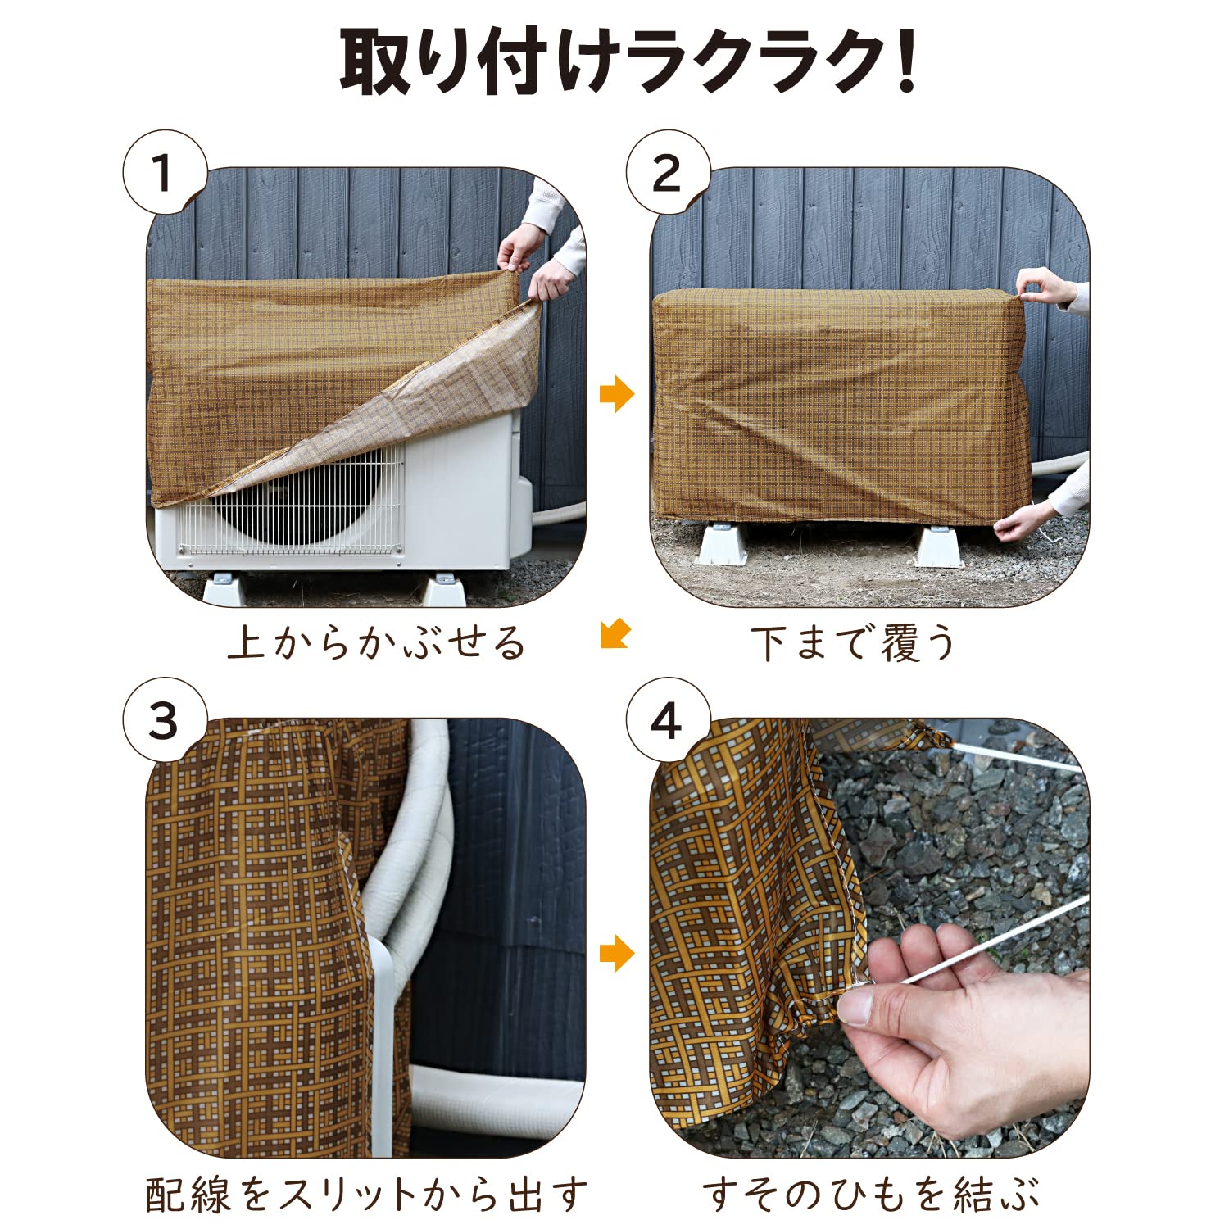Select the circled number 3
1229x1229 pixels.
pos(163,721)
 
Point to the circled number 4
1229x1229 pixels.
pos(666,721)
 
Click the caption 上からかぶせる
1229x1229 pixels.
pos(376,642)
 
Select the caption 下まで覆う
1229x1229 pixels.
pos(853,642)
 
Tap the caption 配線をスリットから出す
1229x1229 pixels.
pos(366,1194)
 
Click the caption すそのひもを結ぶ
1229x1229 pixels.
pos(870,1194)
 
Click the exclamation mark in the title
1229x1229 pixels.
pos(905,62)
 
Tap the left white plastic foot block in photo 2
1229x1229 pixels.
pos(721,545)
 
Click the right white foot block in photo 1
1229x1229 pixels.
pos(443,588)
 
